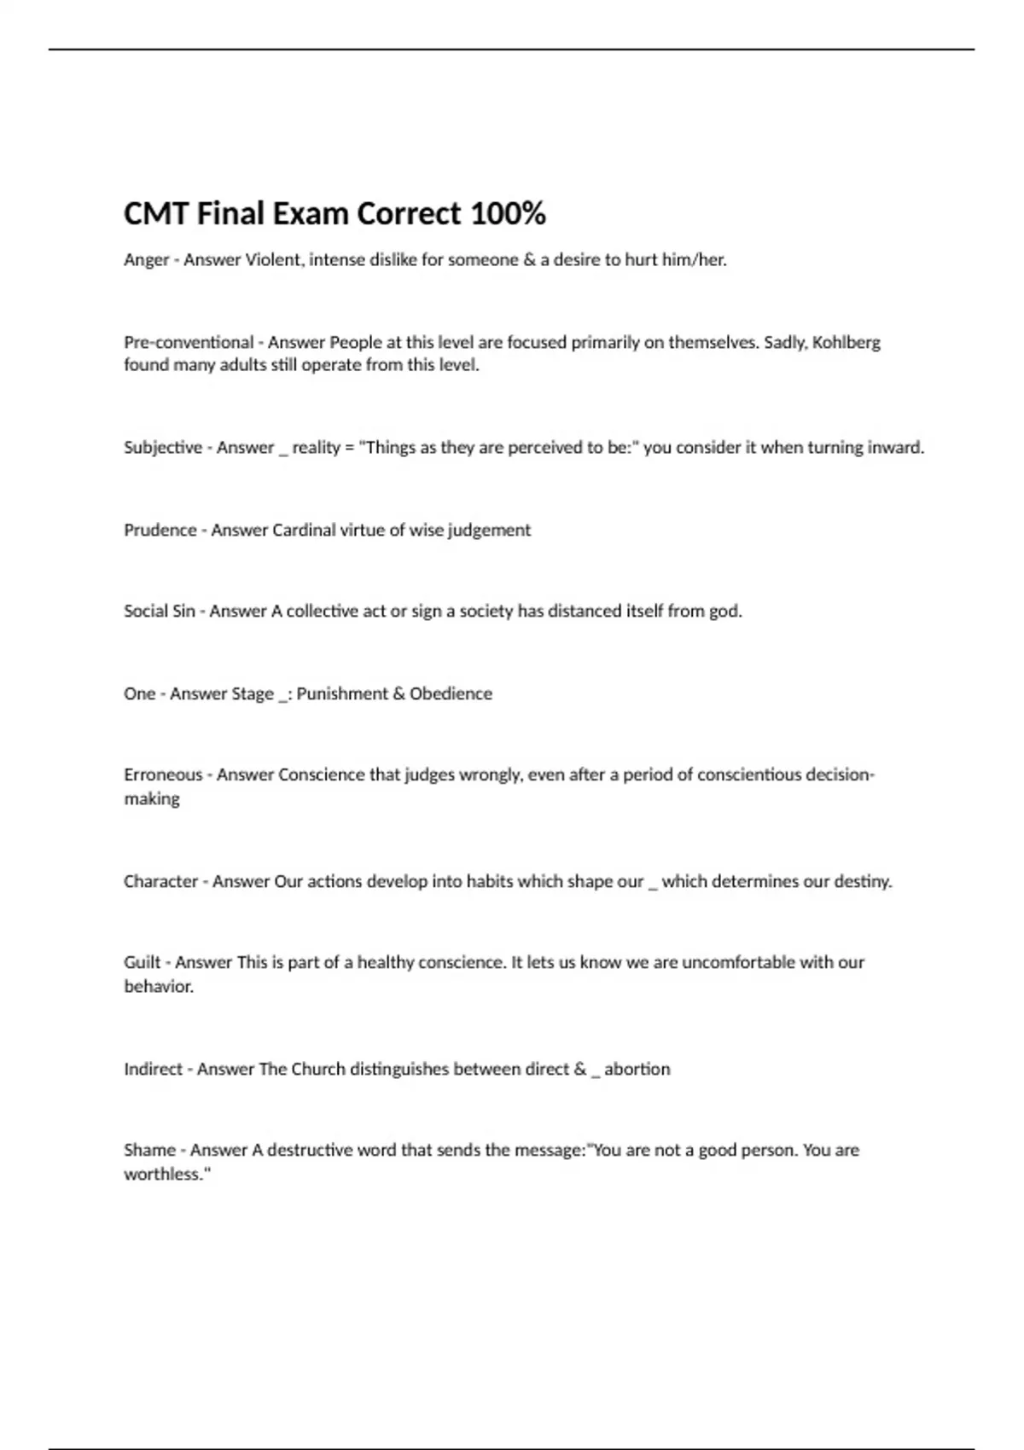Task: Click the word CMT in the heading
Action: click(156, 213)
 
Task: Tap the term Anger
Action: click(146, 260)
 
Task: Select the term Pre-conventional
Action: click(189, 343)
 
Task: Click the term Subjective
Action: click(162, 448)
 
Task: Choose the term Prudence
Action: click(160, 531)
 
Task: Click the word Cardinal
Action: click(304, 531)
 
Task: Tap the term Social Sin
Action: click(160, 612)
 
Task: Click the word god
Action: click(725, 612)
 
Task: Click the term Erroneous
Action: click(163, 775)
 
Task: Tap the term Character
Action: click(160, 882)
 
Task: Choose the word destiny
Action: click(863, 882)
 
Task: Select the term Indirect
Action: click(154, 1070)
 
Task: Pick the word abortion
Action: click(637, 1070)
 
